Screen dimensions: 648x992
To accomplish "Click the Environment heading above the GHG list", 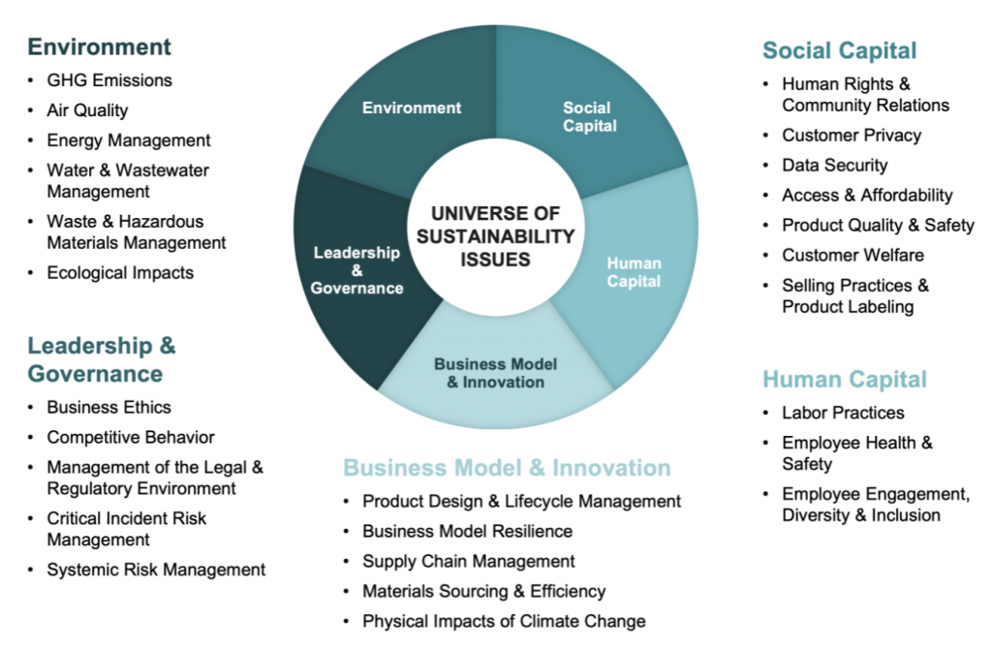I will (99, 46).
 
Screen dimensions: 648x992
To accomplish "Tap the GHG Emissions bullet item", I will (109, 80).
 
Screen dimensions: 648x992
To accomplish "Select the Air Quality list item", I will (87, 110).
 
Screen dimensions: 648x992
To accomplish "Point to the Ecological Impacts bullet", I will (120, 272).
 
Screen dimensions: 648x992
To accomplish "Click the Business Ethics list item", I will (108, 407).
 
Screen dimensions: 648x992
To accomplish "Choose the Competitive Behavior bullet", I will (131, 437).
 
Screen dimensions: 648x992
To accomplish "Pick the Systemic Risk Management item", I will (156, 570).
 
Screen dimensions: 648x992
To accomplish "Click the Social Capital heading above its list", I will (839, 50).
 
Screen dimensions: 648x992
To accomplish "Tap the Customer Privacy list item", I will (852, 135).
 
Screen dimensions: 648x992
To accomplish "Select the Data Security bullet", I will (834, 165).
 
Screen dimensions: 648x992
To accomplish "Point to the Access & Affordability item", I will (867, 195).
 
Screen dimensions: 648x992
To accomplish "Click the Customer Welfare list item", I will (852, 255).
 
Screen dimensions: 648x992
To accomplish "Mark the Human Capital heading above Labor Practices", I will (845, 379).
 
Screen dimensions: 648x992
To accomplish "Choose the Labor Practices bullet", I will (843, 412).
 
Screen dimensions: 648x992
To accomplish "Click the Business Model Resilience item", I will (467, 531).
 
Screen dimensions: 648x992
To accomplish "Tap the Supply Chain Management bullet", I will (469, 561).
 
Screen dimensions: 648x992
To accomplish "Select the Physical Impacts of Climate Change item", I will (504, 621).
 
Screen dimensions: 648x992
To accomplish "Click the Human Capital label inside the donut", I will (634, 272).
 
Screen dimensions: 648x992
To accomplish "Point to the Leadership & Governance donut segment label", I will (356, 270).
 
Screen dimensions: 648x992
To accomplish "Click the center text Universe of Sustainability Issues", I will (496, 235).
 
